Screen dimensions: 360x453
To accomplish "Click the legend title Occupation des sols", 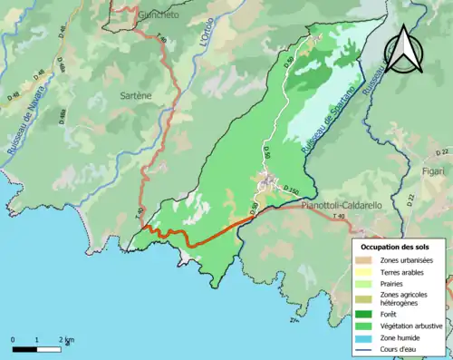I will tap(395, 247).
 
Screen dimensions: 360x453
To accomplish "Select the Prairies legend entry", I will tap(394, 284).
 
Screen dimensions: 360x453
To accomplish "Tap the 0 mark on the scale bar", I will tap(13, 339).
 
